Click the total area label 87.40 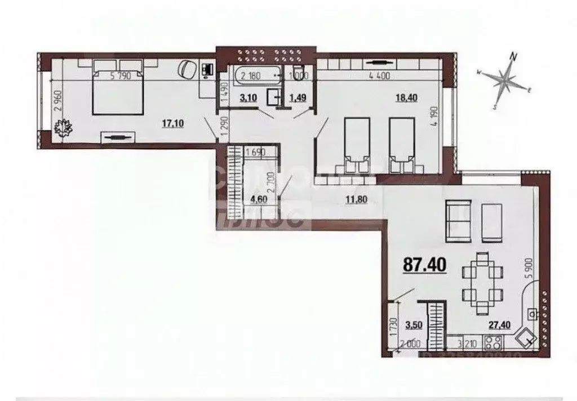[x=424, y=264]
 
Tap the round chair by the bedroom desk [x=187, y=70]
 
